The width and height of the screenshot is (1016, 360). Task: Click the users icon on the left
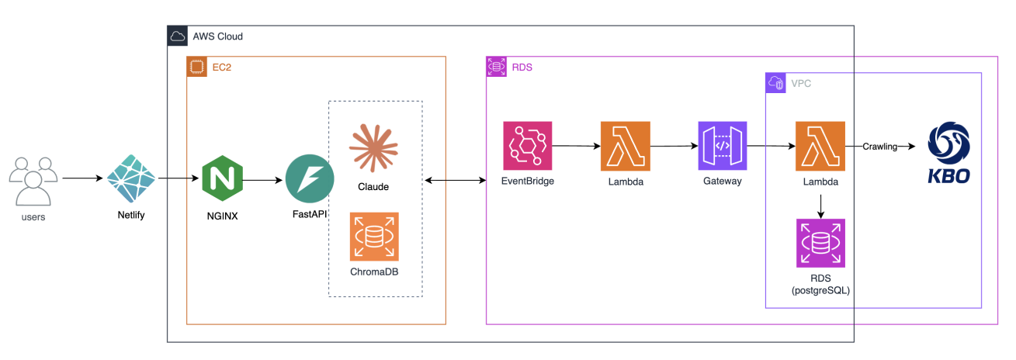33,180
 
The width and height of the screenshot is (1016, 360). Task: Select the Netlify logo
130,178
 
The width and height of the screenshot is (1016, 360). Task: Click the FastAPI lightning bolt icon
310,178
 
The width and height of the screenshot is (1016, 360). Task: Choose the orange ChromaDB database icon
373,237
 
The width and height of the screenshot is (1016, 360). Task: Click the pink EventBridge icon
528,146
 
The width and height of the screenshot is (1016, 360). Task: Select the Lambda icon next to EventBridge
625,146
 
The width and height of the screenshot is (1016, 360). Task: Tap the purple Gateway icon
722,146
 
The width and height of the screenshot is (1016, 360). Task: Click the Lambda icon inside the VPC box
820,146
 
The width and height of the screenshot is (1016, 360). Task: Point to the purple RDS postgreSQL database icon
820,243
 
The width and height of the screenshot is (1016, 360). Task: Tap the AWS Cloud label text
217,36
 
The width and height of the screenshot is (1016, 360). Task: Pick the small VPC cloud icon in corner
775,82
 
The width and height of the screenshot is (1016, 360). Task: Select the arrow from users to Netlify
82,178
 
